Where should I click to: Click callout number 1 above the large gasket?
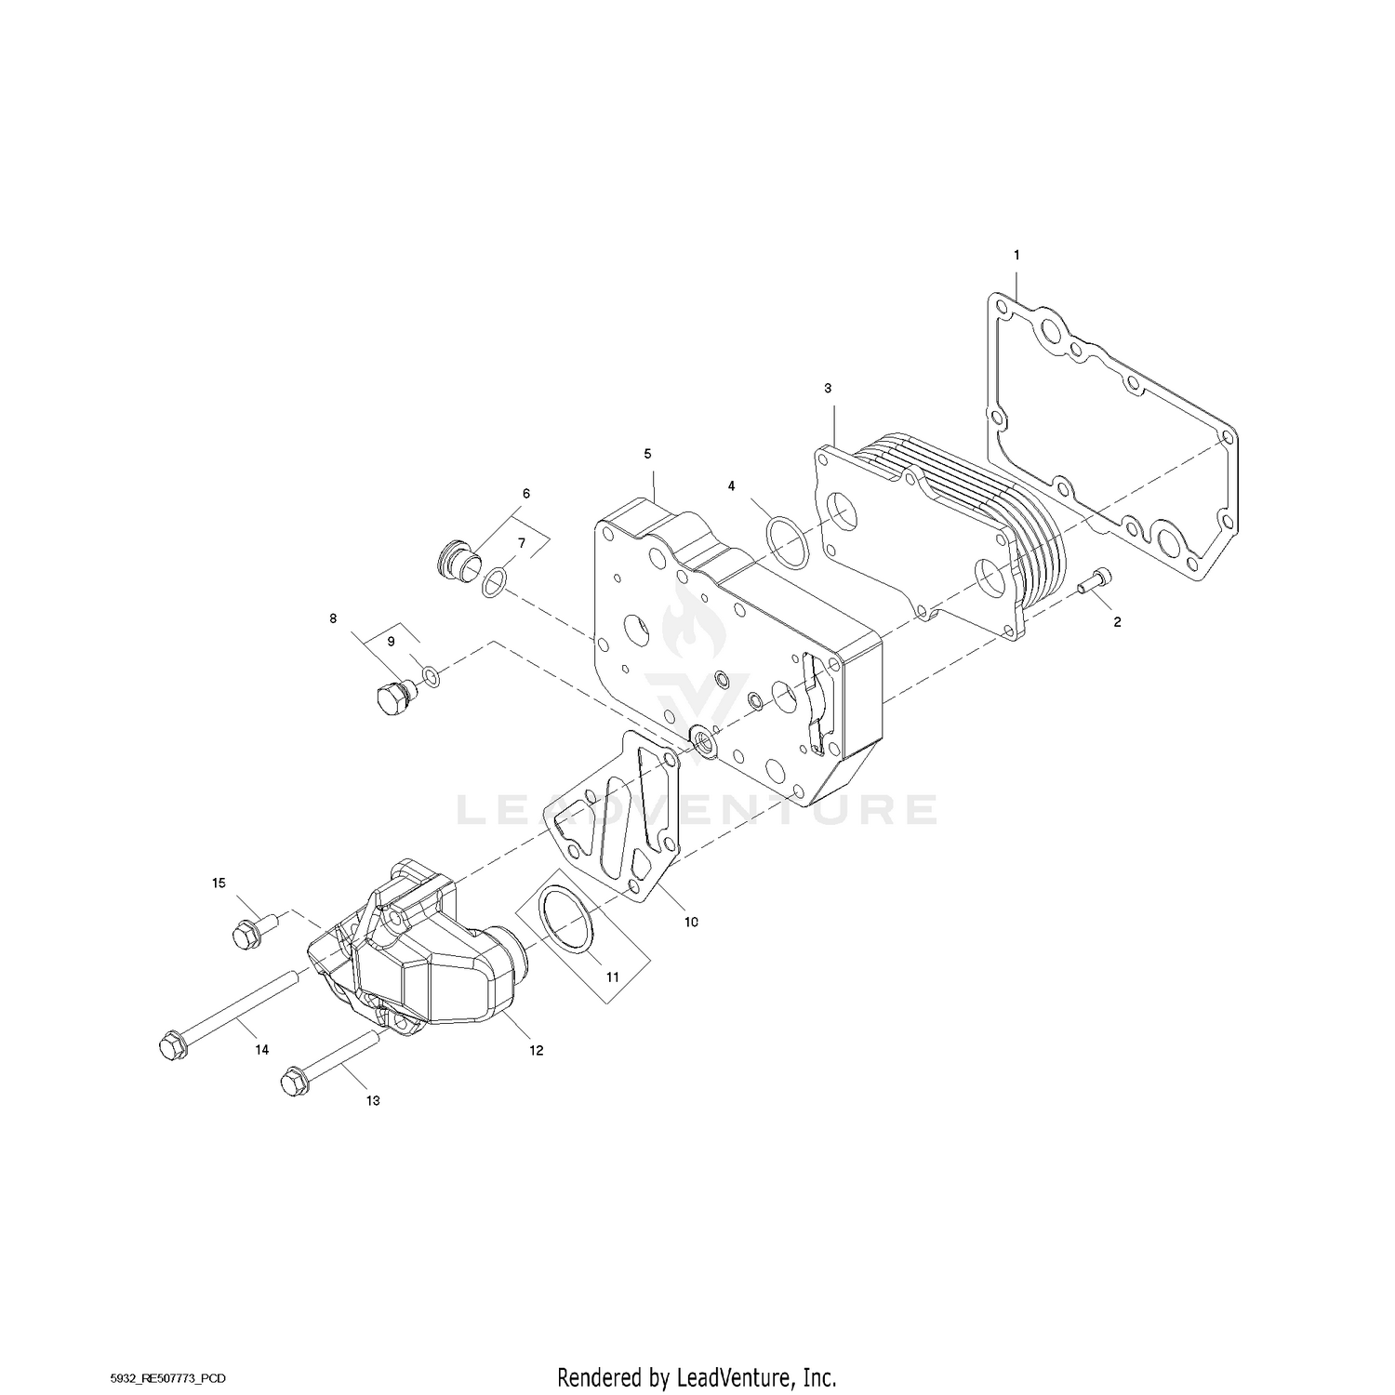pos(1016,254)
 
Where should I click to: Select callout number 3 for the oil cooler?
pos(828,388)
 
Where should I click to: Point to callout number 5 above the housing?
pos(648,453)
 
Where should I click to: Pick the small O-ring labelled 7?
pos(495,582)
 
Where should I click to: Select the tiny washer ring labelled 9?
pos(431,673)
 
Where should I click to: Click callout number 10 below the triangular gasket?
pos(690,923)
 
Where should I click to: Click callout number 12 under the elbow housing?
pos(536,1050)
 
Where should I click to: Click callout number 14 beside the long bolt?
pos(262,1049)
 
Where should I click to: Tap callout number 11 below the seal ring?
pos(612,977)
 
